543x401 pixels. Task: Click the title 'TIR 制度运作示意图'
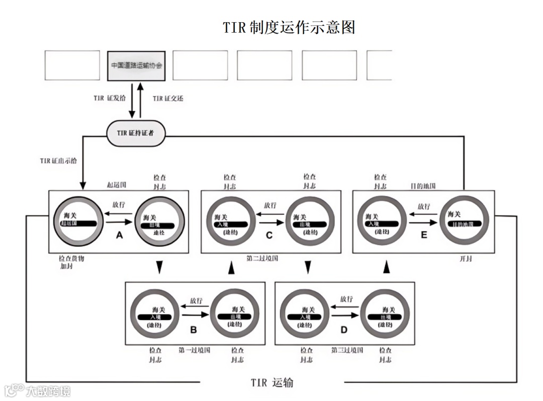pyautogui.click(x=289, y=27)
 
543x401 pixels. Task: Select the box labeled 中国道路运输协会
pyautogui.click(x=137, y=65)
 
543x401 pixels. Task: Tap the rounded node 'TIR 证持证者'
pyautogui.click(x=136, y=133)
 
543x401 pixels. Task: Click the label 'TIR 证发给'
pyautogui.click(x=110, y=98)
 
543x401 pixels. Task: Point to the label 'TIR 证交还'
pyautogui.click(x=168, y=98)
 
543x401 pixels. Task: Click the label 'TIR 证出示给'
pyautogui.click(x=59, y=162)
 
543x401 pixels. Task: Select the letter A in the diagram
pyautogui.click(x=119, y=235)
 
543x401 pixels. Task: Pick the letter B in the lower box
pyautogui.click(x=193, y=330)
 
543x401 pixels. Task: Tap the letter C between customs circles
pyautogui.click(x=269, y=235)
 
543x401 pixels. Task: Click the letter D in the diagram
pyautogui.click(x=344, y=330)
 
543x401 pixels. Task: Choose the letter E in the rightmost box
pyautogui.click(x=424, y=235)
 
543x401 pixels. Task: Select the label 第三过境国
pyautogui.click(x=347, y=350)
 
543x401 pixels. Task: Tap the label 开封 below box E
pyautogui.click(x=466, y=259)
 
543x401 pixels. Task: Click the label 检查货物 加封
pyautogui.click(x=70, y=262)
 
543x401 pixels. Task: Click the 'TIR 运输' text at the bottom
pyautogui.click(x=272, y=383)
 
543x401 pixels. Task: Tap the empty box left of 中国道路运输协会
pyautogui.click(x=72, y=65)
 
